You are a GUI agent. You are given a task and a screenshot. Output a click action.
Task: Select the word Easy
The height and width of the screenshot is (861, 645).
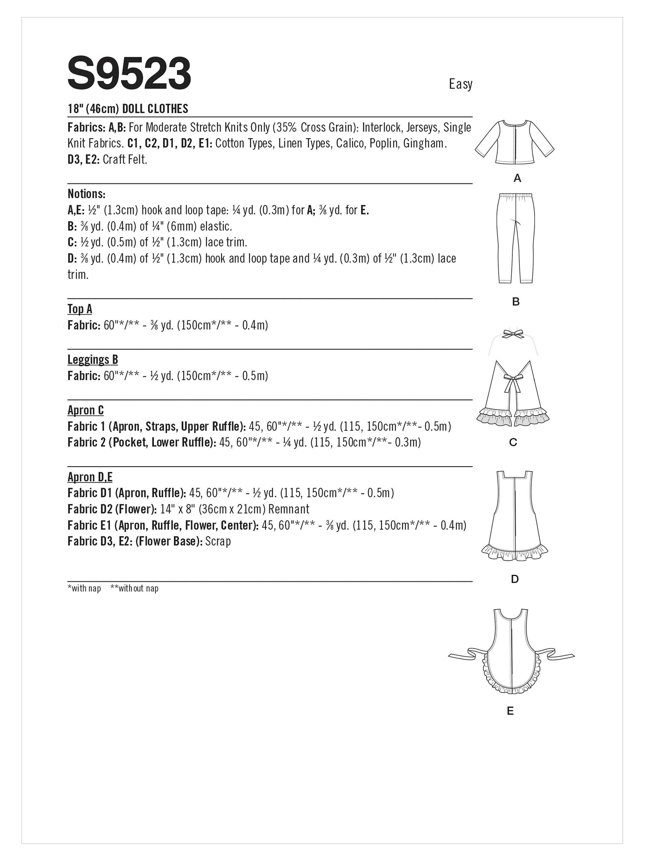tap(460, 84)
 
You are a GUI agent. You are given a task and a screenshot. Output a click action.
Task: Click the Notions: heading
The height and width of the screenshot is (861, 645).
tap(86, 194)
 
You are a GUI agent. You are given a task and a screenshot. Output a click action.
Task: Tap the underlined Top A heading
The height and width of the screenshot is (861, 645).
tap(80, 309)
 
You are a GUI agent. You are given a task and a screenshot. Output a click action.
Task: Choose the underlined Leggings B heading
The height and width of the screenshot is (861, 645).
tap(93, 360)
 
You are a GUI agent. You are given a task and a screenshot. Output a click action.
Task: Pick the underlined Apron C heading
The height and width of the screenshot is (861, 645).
tap(85, 410)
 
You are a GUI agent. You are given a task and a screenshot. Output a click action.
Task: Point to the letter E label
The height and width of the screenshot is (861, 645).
tap(510, 711)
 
